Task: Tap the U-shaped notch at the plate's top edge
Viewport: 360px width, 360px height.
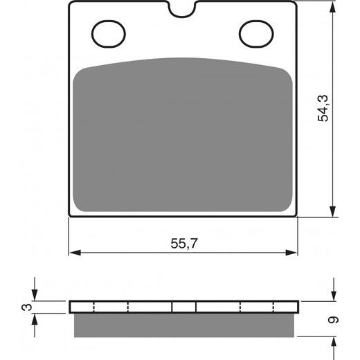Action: [x=183, y=9]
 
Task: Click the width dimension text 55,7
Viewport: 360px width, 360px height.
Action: [x=182, y=244]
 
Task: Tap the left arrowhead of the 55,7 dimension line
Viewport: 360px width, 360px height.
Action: [x=74, y=252]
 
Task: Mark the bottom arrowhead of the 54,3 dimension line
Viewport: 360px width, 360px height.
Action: [x=333, y=212]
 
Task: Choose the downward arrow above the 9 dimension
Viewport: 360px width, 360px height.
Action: [x=333, y=296]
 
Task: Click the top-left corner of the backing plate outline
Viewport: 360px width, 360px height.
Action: [x=70, y=2]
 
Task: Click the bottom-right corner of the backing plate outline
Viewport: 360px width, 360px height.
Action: [x=296, y=216]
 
